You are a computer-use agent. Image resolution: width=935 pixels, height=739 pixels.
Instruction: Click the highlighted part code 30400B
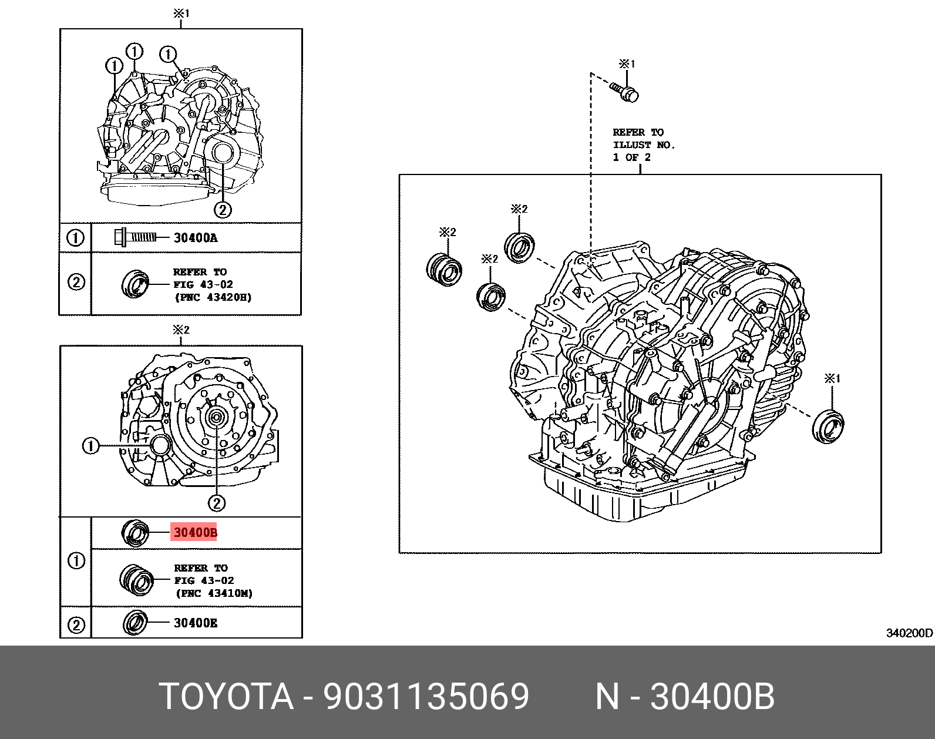(195, 533)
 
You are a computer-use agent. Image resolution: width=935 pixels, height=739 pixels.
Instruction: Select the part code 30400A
(196, 238)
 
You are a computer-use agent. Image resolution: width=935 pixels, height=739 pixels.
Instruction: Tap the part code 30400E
(196, 623)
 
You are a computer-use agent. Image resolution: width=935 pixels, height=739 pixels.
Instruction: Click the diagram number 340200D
(909, 633)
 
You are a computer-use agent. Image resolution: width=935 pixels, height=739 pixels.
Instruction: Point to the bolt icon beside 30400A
(135, 237)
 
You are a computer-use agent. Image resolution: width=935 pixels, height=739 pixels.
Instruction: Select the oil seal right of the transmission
(828, 425)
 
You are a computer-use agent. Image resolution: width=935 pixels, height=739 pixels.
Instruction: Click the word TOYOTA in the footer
(226, 697)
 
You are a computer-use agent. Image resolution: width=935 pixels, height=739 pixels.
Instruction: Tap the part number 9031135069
(426, 697)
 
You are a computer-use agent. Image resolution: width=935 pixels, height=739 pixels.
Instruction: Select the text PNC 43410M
(214, 593)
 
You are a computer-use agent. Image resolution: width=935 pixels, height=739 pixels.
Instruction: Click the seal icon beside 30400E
(135, 622)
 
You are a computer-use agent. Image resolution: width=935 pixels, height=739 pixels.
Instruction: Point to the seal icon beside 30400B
(135, 533)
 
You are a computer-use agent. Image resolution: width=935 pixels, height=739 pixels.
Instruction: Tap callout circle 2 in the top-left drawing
(222, 209)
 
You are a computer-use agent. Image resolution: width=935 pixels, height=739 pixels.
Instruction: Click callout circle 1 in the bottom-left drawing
(90, 446)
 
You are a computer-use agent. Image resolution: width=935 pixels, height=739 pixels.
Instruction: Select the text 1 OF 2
(631, 157)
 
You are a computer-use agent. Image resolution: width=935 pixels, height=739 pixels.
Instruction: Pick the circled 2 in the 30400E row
(76, 624)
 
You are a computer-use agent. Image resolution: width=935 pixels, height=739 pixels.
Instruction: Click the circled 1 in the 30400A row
(75, 238)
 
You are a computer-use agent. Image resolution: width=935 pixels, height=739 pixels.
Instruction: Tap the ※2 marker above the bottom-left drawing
(181, 330)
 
